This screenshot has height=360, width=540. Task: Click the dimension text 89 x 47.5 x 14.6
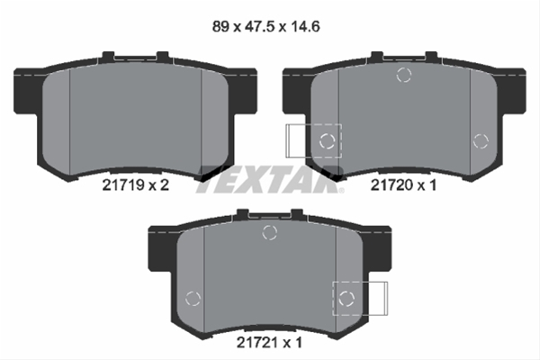click(x=265, y=26)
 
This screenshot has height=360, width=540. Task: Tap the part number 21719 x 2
click(x=135, y=185)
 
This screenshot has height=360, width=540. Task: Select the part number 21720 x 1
click(x=403, y=185)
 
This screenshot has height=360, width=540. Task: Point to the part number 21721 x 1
click(x=269, y=342)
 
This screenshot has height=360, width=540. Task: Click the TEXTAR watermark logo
click(x=270, y=179)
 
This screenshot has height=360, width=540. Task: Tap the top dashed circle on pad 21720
click(x=403, y=75)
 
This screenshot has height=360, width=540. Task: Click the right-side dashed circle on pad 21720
click(x=481, y=141)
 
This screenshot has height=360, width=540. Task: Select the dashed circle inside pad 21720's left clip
click(x=328, y=141)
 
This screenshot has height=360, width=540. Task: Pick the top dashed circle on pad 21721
click(x=269, y=232)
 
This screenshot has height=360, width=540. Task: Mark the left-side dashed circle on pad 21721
click(x=193, y=298)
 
